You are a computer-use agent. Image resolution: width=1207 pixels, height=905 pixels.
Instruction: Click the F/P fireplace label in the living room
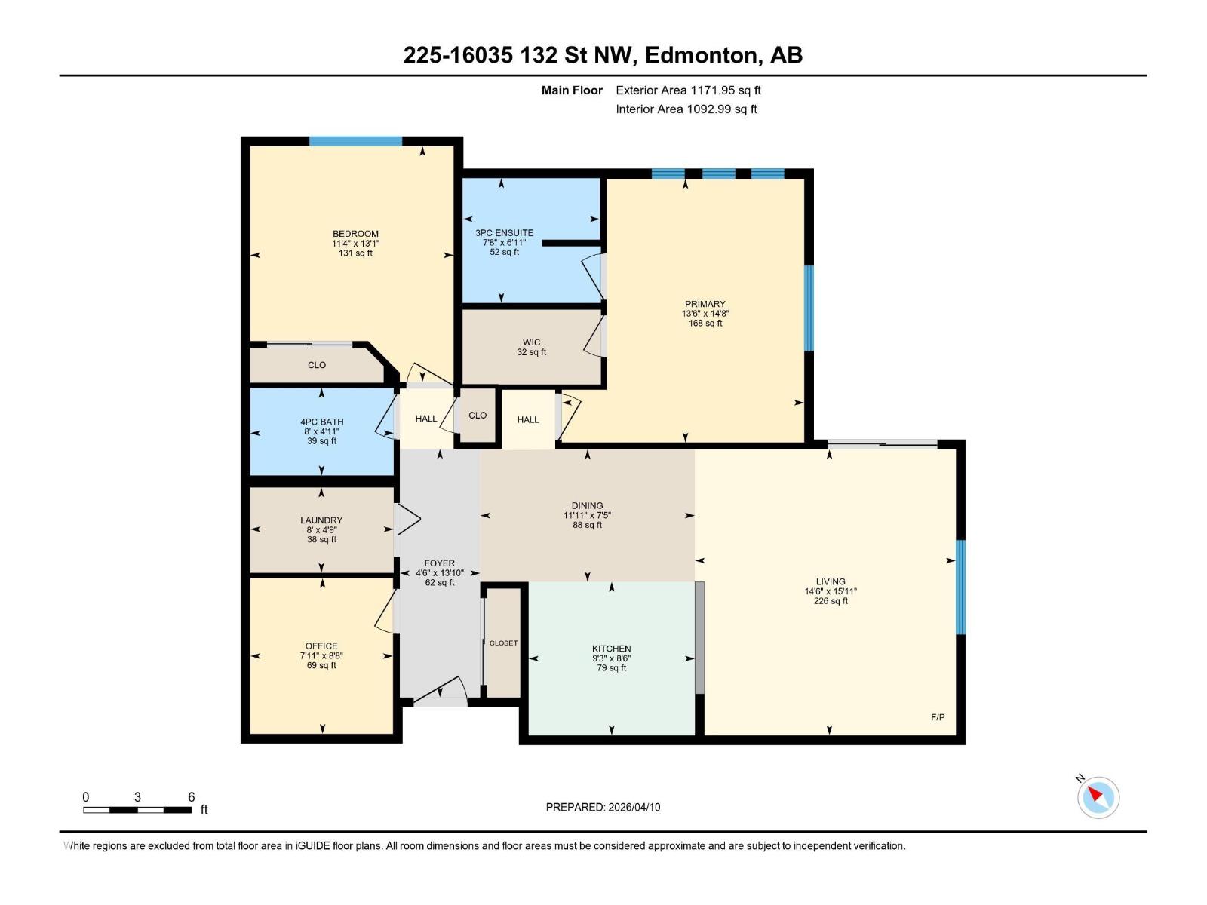tap(937, 717)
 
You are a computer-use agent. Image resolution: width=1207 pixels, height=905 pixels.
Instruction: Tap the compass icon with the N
tap(1098, 797)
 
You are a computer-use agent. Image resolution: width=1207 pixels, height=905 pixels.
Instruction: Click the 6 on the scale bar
tap(191, 797)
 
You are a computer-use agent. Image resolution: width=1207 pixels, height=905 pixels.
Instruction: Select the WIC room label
tap(531, 342)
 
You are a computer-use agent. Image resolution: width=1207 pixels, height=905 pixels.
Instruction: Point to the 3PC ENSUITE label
tap(504, 233)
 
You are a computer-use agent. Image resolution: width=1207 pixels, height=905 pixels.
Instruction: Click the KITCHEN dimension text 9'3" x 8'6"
tap(611, 658)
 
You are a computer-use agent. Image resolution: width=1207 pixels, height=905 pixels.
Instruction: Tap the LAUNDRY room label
tap(321, 520)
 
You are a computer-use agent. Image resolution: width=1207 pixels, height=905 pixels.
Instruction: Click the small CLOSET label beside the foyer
tap(503, 643)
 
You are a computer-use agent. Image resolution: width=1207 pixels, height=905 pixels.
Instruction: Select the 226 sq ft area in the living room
tap(830, 601)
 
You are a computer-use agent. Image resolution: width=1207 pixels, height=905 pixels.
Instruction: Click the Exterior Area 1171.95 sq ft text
tap(687, 90)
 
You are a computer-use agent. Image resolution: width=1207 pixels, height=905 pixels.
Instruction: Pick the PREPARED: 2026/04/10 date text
tap(603, 807)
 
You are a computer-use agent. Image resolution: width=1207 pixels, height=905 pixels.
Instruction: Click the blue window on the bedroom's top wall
tap(355, 141)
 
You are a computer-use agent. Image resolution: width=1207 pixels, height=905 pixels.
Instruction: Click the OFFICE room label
tap(321, 646)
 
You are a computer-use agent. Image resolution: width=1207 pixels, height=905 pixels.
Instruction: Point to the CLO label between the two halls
tap(478, 416)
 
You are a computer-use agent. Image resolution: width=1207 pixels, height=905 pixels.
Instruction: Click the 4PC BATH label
tap(321, 422)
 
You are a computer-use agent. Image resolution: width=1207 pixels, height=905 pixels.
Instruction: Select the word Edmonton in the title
tap(702, 55)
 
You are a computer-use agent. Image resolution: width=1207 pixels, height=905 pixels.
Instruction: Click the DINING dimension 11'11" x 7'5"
tap(587, 516)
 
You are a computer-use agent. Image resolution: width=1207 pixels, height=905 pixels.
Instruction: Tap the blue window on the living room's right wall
tap(960, 587)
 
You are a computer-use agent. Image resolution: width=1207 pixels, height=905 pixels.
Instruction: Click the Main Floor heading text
tap(572, 90)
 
